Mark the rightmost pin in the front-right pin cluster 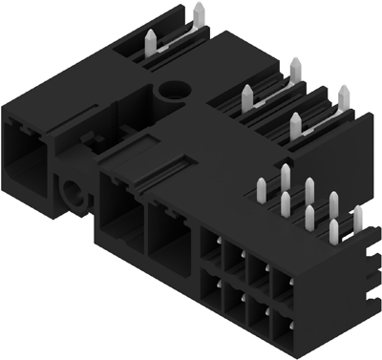[358, 220]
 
